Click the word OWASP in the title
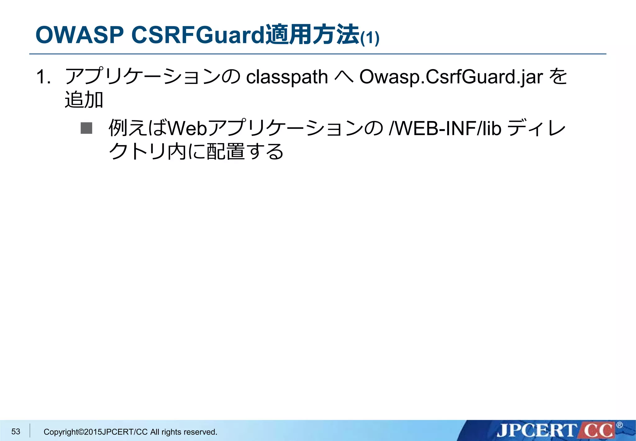point(79,35)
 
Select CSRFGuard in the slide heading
point(198,35)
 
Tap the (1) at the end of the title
point(370,38)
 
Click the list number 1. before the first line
point(43,77)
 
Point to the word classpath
point(287,77)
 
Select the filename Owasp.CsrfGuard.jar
point(451,77)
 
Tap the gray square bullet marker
point(86,128)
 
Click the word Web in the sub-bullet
point(187,128)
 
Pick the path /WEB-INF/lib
point(445,128)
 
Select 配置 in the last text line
point(225,151)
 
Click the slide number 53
point(16,431)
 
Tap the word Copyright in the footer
point(61,432)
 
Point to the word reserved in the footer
point(203,432)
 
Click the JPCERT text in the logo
point(536,431)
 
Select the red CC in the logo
point(598,431)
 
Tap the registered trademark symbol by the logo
point(619,425)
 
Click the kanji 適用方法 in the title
point(312,35)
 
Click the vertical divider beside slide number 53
point(30,431)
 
